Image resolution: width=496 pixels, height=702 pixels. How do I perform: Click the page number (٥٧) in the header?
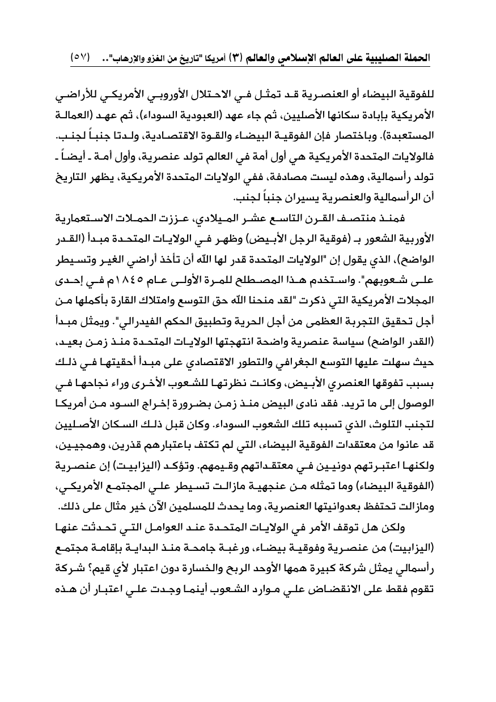click(80, 58)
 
